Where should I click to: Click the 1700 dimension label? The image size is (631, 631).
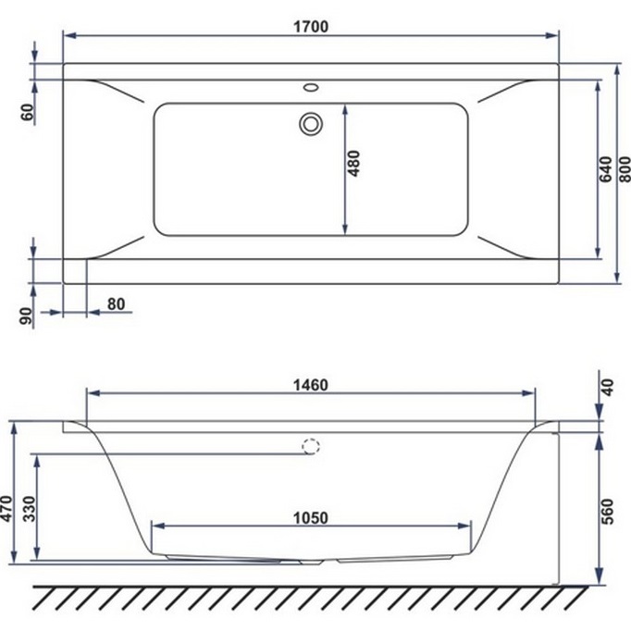[x=311, y=27]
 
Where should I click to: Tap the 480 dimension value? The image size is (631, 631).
[x=354, y=164]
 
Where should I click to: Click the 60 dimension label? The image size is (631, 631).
[x=27, y=113]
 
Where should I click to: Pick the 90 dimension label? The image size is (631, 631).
[x=27, y=315]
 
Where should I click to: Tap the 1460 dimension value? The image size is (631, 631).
[x=311, y=385]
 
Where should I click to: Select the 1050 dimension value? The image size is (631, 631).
[x=311, y=518]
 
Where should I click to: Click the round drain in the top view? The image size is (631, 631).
[x=310, y=123]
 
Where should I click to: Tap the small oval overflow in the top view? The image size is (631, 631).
[x=310, y=91]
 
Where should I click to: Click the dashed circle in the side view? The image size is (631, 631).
[x=310, y=446]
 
